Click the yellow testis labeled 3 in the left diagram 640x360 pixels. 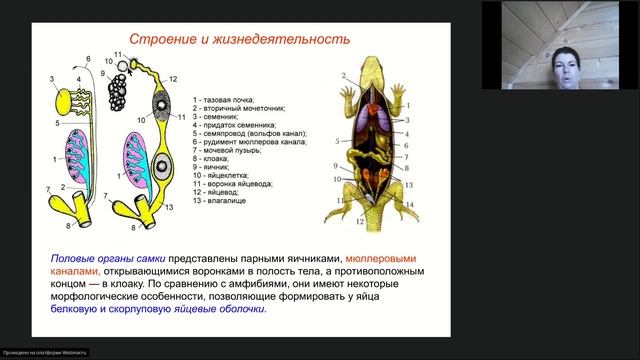pyautogui.click(x=66, y=100)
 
